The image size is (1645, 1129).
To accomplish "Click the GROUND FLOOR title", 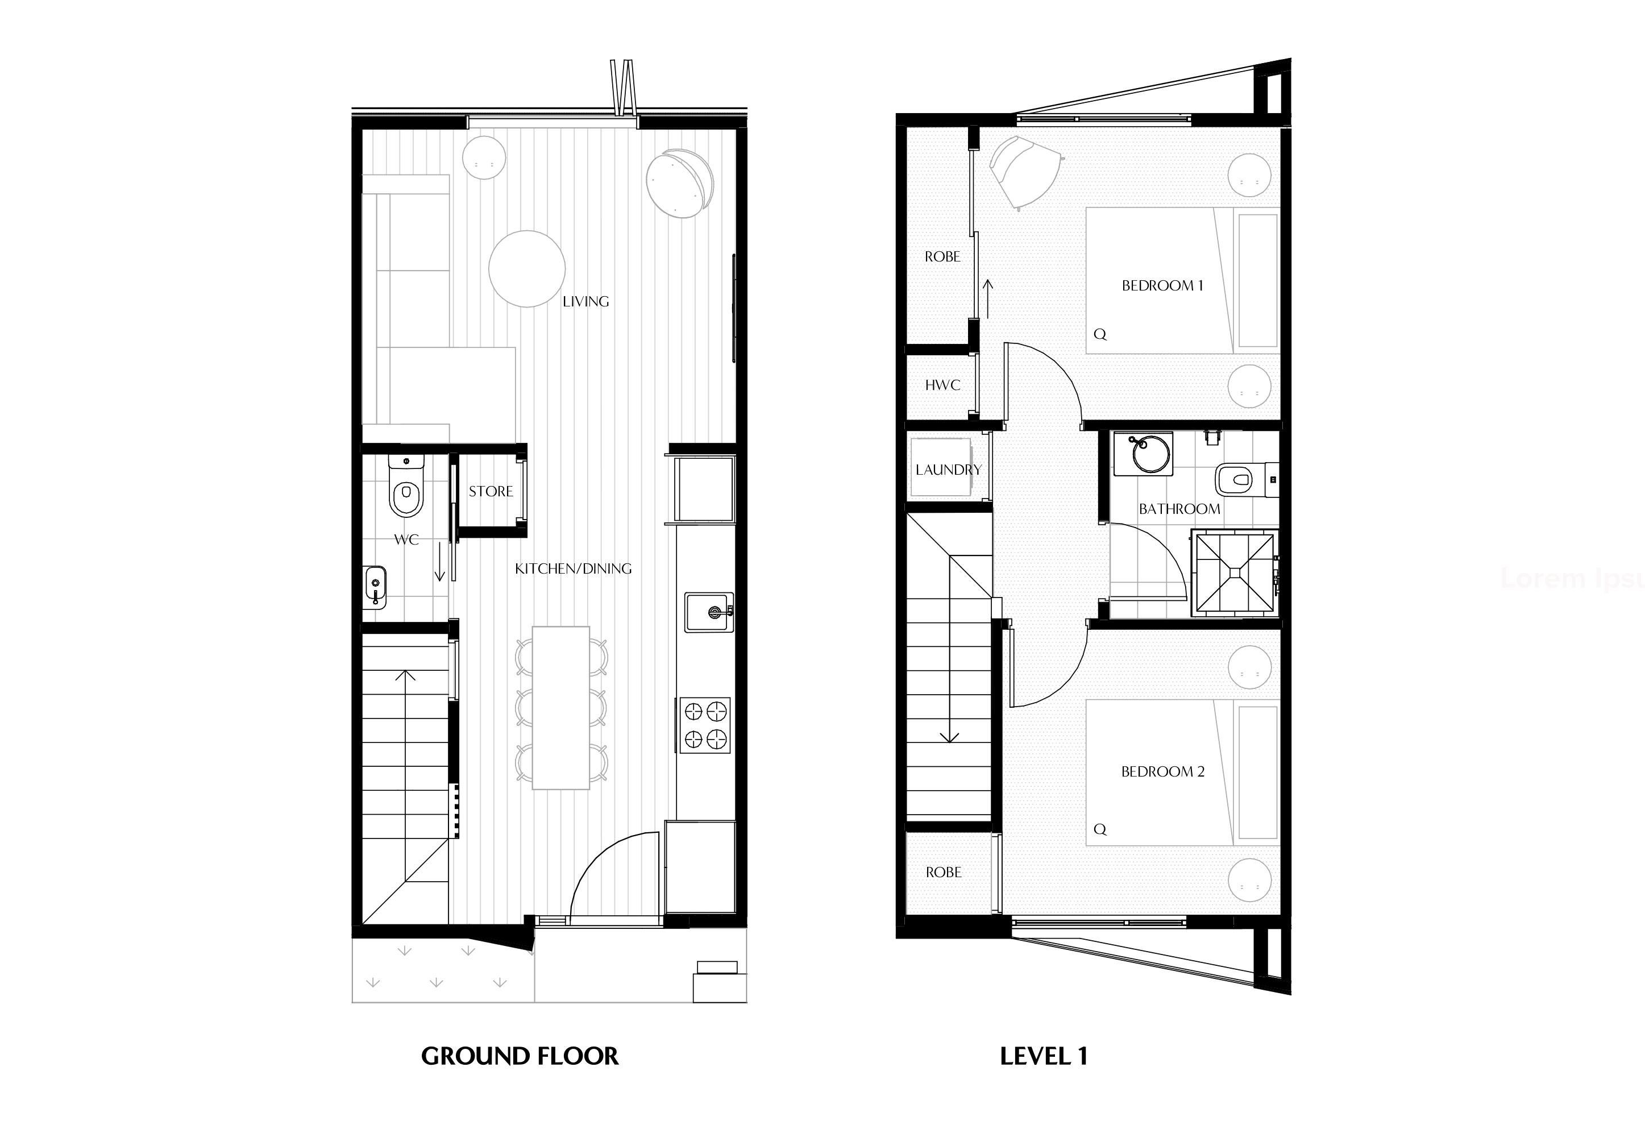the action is pyautogui.click(x=520, y=1056).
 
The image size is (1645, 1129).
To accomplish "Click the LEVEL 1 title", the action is pyautogui.click(x=1044, y=1056).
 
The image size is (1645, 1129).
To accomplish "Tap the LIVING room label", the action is pyautogui.click(x=585, y=301).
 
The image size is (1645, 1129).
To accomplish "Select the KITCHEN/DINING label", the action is pyautogui.click(x=574, y=568).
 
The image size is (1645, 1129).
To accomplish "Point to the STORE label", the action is pyautogui.click(x=491, y=491).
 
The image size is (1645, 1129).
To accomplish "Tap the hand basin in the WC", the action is pyautogui.click(x=375, y=587).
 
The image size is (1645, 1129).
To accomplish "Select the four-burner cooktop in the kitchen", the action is pyautogui.click(x=705, y=725).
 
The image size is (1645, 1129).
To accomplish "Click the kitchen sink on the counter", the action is pyautogui.click(x=709, y=612).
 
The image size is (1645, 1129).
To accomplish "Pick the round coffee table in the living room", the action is pyautogui.click(x=526, y=269).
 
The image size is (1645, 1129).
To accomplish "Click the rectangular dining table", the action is pyautogui.click(x=560, y=708).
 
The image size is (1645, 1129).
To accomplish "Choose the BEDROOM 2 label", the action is pyautogui.click(x=1162, y=771).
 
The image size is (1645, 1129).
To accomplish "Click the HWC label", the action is pyautogui.click(x=943, y=385).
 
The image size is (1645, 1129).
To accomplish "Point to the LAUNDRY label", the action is pyautogui.click(x=949, y=470).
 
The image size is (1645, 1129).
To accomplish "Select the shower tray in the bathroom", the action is pyautogui.click(x=1235, y=572).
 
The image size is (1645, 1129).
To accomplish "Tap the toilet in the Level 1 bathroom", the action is pyautogui.click(x=1247, y=480).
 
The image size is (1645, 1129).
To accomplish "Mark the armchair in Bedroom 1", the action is pyautogui.click(x=1025, y=173).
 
